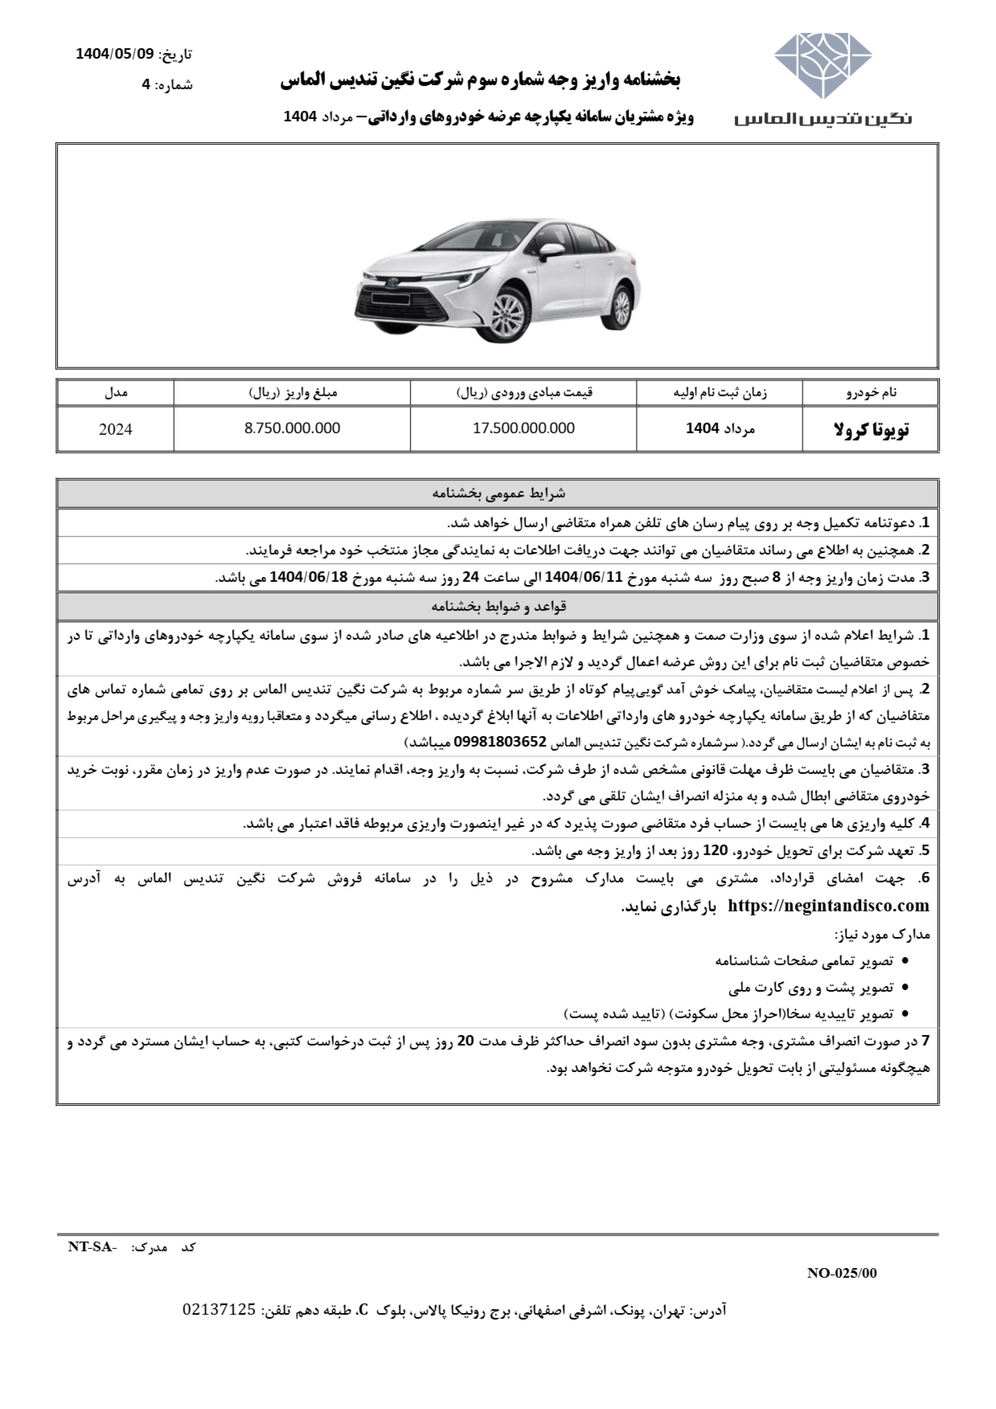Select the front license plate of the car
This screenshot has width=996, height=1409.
(390, 300)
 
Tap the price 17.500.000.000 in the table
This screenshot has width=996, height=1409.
(524, 428)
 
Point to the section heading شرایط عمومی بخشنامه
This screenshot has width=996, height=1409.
(498, 493)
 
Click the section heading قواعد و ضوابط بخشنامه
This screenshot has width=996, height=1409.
(498, 607)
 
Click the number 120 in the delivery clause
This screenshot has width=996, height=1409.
(714, 851)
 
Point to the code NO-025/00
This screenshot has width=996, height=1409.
(841, 1273)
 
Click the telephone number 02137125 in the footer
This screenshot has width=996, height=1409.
(219, 1310)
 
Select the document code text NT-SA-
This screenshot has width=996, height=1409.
(92, 1247)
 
